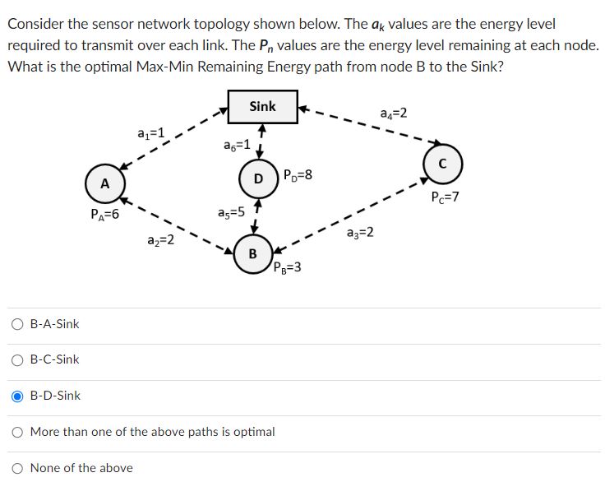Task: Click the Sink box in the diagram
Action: pos(263,107)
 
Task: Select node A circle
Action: pos(104,183)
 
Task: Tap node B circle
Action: pos(252,253)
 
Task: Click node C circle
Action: pos(443,162)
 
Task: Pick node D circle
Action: pos(258,178)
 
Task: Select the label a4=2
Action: pos(394,113)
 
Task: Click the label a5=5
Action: pos(231,212)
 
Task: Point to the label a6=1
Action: pos(237,145)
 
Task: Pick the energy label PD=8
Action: pos(297,174)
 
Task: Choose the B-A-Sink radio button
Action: pos(17,324)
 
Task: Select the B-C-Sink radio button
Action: pos(17,359)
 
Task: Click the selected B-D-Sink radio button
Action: pos(17,396)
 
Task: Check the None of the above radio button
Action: pos(17,467)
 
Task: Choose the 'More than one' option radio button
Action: pos(17,431)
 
